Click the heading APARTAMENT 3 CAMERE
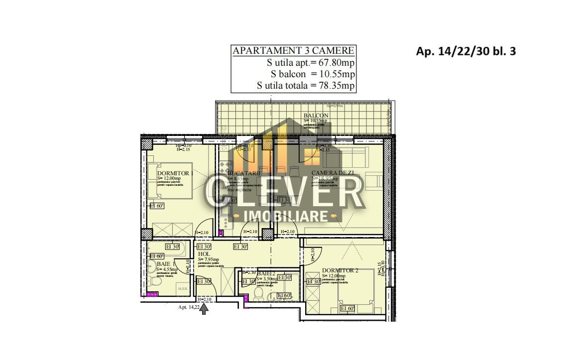294,51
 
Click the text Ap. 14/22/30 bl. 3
465,51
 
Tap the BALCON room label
316,116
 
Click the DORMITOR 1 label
175,173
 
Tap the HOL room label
204,254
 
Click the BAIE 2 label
266,273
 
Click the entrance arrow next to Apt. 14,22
204,308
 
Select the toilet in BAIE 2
258,295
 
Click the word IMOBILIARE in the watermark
287,216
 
